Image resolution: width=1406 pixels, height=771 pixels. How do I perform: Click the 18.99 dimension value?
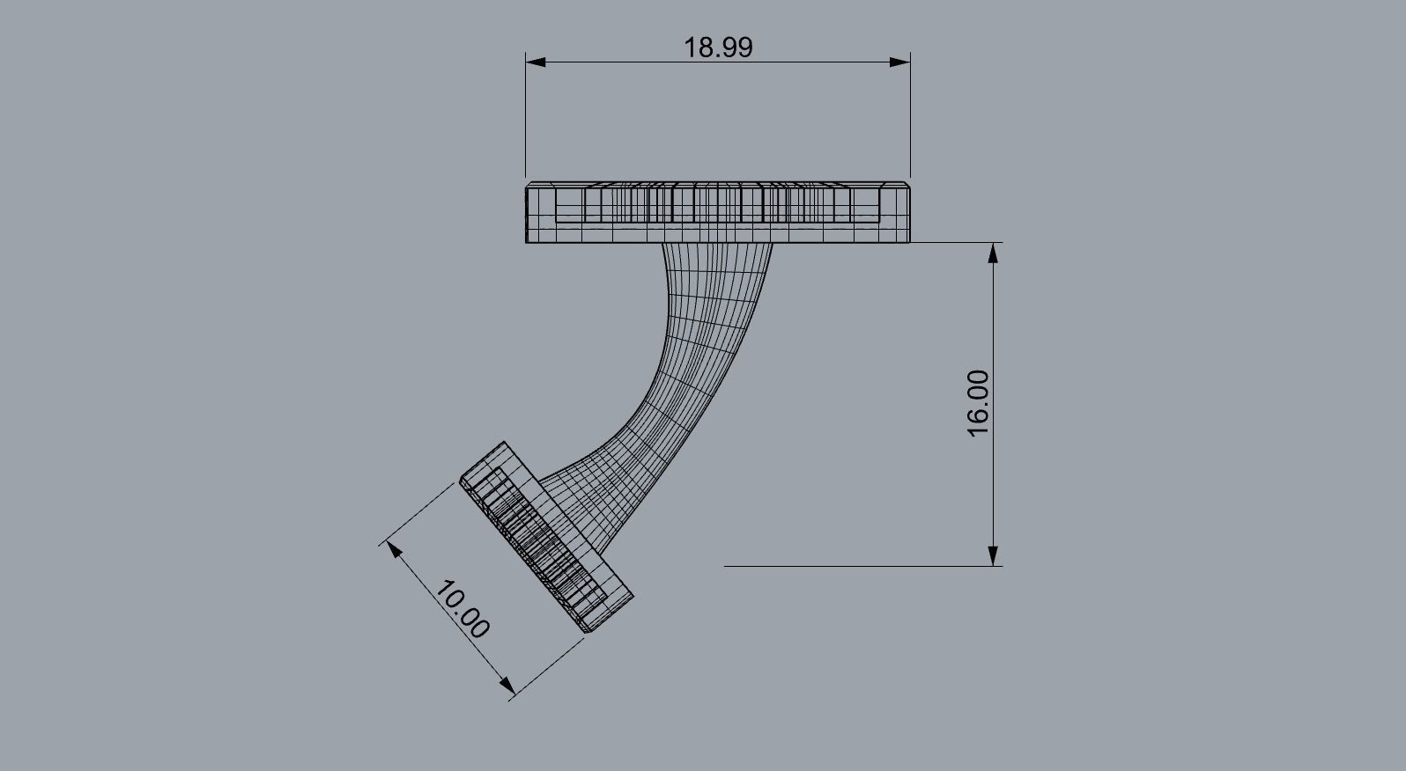click(718, 48)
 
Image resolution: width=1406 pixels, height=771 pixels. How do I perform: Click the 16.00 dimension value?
click(979, 403)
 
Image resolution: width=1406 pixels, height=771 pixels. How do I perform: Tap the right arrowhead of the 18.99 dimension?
click(899, 62)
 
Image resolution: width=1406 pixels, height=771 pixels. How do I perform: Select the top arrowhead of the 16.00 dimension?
click(994, 253)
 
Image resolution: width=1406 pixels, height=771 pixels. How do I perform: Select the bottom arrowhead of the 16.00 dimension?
click(994, 555)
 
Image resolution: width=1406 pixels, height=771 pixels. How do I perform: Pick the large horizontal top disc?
click(718, 213)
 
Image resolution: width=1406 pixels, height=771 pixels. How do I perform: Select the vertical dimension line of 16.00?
click(994, 334)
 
